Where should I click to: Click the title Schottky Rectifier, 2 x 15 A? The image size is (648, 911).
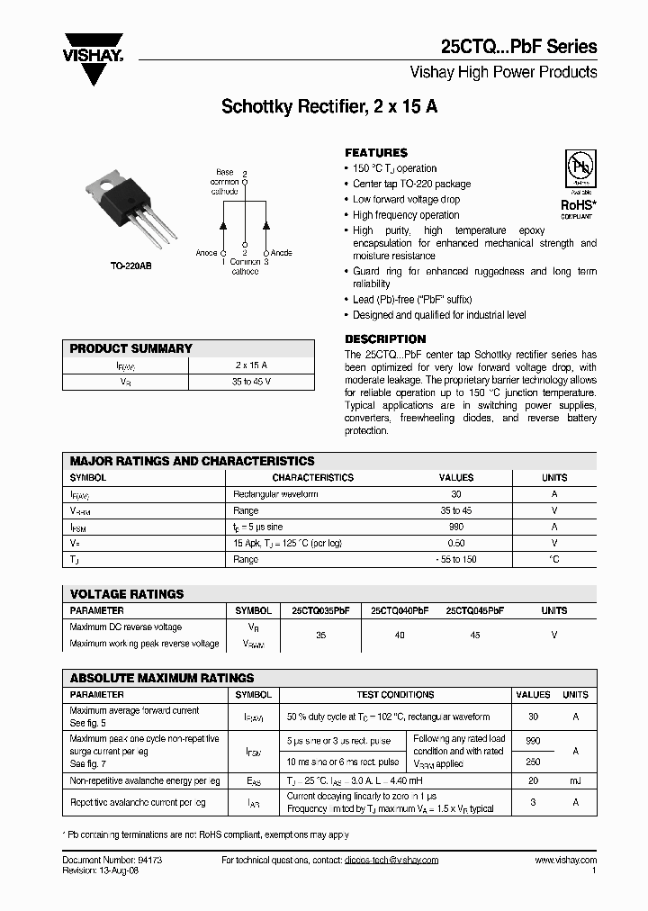[x=329, y=106]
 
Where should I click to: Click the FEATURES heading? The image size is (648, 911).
[x=376, y=153]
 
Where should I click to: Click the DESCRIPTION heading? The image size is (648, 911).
[x=385, y=339]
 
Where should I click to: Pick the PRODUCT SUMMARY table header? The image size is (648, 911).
[x=131, y=348]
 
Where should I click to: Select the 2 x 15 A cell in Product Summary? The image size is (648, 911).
[x=251, y=365]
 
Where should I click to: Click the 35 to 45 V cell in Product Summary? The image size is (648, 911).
[x=251, y=382]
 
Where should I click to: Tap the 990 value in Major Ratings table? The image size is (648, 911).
[x=455, y=527]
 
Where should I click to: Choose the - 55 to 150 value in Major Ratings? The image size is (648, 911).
[x=455, y=559]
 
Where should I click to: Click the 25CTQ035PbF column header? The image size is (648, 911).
[x=320, y=610]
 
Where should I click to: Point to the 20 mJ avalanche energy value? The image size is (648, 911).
[x=533, y=781]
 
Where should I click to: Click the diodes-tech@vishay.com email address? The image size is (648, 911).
[x=391, y=861]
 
